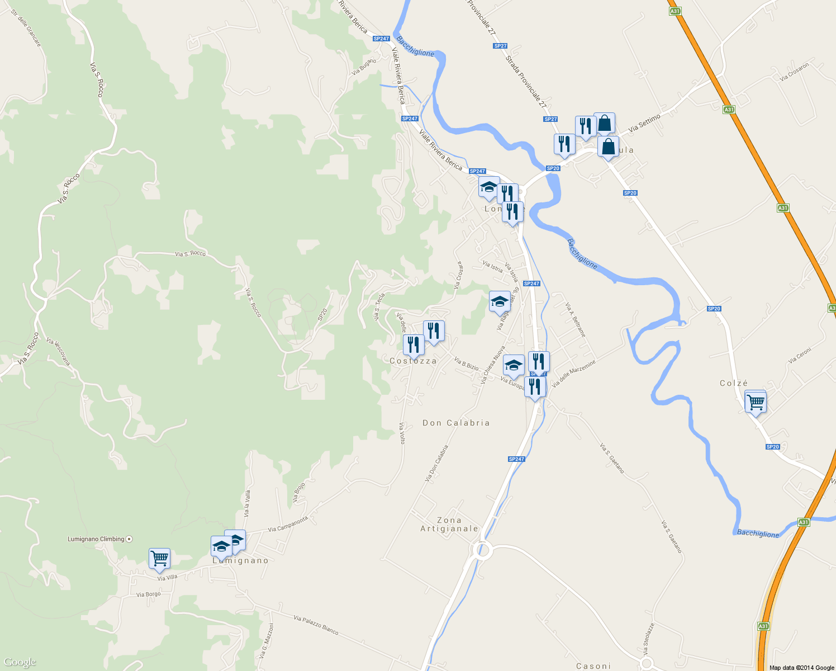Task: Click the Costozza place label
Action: [x=413, y=361]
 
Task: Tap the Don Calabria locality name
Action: [x=456, y=423]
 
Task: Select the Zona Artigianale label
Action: [x=449, y=524]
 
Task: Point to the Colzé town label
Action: [x=734, y=384]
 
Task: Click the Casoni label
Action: [x=593, y=666]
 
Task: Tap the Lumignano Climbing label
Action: [x=96, y=539]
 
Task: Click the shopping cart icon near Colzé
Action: [x=756, y=402]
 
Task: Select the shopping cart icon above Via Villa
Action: [x=159, y=558]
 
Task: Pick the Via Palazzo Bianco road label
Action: [x=316, y=625]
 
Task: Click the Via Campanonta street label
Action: [x=288, y=524]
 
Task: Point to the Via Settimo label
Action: [x=644, y=123]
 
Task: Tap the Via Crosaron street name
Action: [x=794, y=72]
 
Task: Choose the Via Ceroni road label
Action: [x=800, y=356]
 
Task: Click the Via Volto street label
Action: [x=402, y=433]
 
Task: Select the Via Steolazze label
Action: [x=648, y=639]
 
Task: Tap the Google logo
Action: [x=20, y=663]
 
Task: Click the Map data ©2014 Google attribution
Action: [x=801, y=668]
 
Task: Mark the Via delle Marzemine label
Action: [x=574, y=374]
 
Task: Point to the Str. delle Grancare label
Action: [x=26, y=31]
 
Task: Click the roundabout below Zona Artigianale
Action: [x=482, y=551]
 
